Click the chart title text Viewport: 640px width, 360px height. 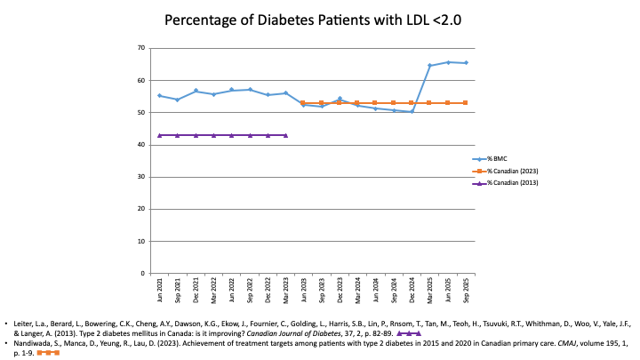(320, 19)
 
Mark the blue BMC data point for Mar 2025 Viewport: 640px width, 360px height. (430, 65)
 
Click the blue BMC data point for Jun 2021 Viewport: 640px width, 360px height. (160, 95)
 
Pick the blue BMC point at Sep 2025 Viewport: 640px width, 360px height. (467, 63)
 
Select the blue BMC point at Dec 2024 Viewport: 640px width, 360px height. (412, 111)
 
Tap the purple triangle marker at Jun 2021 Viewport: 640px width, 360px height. (160, 135)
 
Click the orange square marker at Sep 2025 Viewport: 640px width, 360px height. (467, 103)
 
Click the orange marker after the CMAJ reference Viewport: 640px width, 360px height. (48, 353)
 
